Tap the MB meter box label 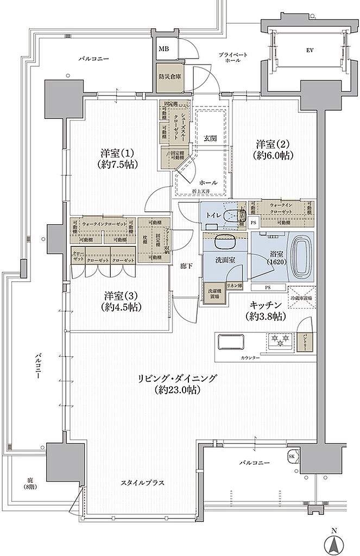163,49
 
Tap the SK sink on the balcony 292,457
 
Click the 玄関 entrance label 211,138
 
